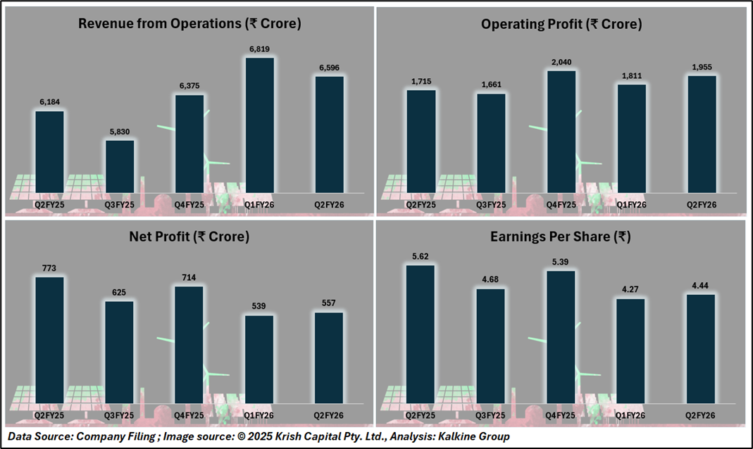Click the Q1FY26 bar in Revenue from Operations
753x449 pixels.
tap(259, 125)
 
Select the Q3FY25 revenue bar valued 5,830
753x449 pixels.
tap(120, 167)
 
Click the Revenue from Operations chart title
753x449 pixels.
tap(189, 23)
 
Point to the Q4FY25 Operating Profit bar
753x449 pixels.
tap(561, 132)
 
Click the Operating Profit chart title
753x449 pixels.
tap(561, 24)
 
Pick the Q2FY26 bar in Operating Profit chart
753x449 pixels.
tap(702, 134)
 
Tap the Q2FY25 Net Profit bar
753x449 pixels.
tap(49, 339)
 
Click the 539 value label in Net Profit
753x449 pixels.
tap(259, 307)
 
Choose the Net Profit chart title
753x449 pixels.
tap(189, 237)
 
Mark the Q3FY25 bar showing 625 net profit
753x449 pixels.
tap(120, 351)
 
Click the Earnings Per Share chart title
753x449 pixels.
tap(561, 237)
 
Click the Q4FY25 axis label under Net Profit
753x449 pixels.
tap(189, 415)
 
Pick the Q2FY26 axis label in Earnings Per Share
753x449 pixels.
tap(702, 415)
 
